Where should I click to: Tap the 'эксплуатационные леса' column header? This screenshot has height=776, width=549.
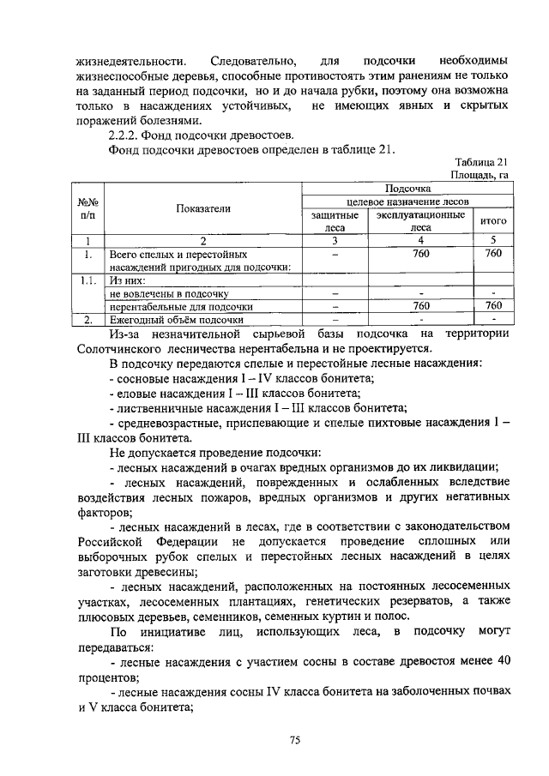[x=421, y=222]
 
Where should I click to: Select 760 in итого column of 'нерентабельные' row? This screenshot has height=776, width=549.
[x=493, y=305]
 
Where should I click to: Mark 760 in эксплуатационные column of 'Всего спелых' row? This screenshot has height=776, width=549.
[x=421, y=254]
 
